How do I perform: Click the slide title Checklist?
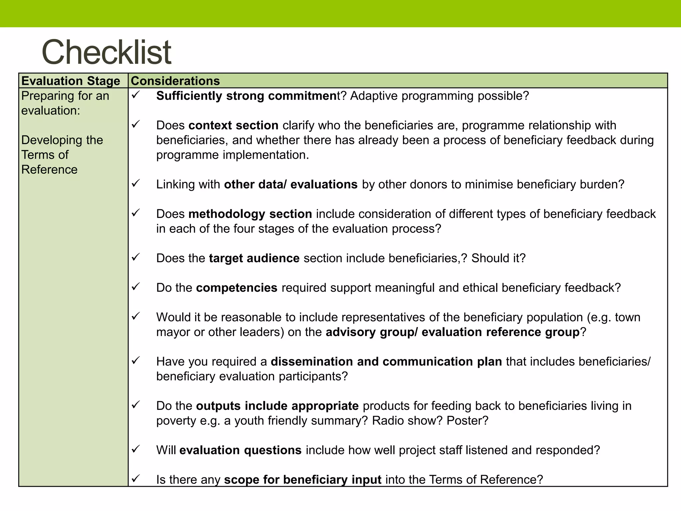pos(106,52)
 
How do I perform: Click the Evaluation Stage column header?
pos(70,81)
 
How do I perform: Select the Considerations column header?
pos(175,81)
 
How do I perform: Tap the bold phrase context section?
pos(233,125)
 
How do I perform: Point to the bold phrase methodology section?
pos(250,214)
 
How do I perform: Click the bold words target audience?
pos(254,258)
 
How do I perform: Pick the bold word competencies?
pos(236,288)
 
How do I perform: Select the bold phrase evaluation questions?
pos(240,450)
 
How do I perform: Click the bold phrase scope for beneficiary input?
pos(303,479)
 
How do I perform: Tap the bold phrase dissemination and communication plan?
pos(386,362)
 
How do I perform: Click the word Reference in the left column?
pos(49,170)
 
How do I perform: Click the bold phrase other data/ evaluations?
pos(291,184)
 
